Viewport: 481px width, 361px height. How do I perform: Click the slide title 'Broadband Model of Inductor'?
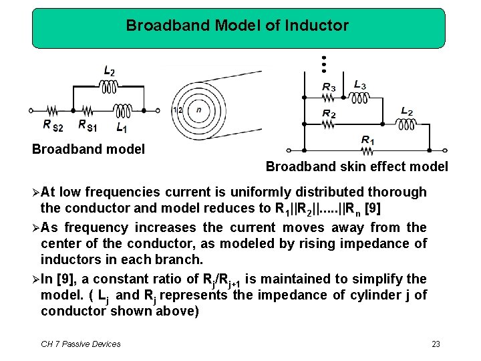(x=237, y=26)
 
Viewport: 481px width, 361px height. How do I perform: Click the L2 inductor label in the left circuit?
(x=110, y=71)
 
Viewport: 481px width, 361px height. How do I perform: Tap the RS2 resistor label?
(x=53, y=125)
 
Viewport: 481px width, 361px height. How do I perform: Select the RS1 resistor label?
(x=88, y=125)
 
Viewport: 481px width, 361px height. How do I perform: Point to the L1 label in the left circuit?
(x=121, y=126)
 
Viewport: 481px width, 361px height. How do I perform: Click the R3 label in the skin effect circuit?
(x=329, y=87)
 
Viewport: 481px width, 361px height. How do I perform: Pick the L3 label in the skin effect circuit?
(x=359, y=85)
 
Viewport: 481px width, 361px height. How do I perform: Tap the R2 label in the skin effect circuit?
(x=329, y=113)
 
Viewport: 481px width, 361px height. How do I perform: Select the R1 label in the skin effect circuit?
(x=367, y=140)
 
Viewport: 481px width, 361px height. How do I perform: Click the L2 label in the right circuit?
(x=406, y=111)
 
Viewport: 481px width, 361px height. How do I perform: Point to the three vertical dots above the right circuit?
(x=323, y=64)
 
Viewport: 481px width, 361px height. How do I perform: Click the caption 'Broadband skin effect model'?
(x=357, y=166)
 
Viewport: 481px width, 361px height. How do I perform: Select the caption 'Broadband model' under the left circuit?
(x=88, y=149)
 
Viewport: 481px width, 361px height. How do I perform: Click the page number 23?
(x=436, y=344)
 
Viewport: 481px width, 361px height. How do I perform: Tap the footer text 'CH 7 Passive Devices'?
(x=81, y=344)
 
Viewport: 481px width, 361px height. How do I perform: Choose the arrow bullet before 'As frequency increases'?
(x=35, y=227)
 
